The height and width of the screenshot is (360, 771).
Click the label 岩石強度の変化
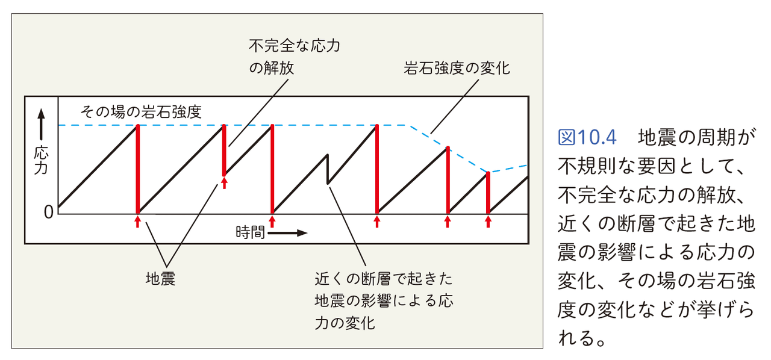[x=457, y=68]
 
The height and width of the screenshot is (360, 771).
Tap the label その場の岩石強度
[x=141, y=112]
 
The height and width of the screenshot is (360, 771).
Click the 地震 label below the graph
[x=161, y=279]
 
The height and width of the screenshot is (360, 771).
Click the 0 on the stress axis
[x=48, y=211]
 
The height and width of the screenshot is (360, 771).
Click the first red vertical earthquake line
[x=138, y=169]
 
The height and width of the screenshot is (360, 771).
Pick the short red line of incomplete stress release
[x=225, y=150]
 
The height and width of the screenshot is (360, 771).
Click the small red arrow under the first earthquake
[x=138, y=222]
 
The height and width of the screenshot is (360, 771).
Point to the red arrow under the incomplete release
[x=225, y=183]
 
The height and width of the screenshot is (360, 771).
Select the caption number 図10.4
[x=588, y=137]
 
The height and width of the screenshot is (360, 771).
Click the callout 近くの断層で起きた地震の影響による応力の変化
[x=383, y=300]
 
